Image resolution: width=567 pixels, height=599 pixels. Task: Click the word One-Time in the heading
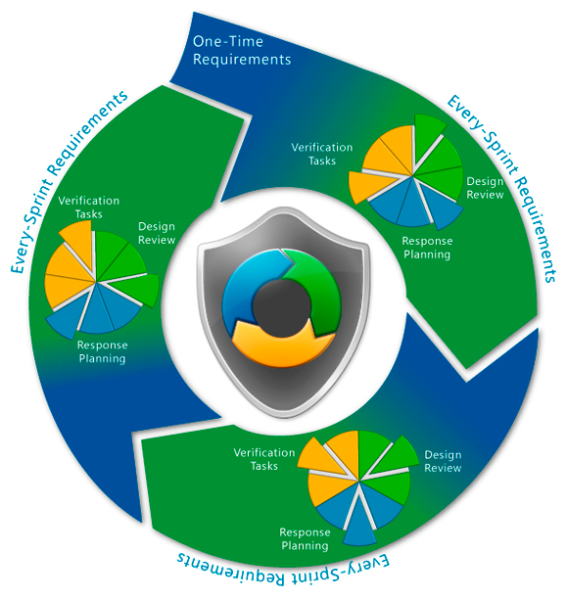[228, 41]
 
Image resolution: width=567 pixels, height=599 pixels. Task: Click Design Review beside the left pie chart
[157, 233]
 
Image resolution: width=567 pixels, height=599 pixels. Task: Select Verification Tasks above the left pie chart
[89, 207]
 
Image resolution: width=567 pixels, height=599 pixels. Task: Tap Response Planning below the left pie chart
[102, 351]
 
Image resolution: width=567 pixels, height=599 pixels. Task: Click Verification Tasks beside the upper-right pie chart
[322, 154]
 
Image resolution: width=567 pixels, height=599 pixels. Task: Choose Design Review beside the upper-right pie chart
[485, 188]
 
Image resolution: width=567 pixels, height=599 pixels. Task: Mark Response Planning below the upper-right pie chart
[427, 248]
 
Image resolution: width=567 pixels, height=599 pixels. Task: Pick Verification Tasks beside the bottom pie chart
[264, 459]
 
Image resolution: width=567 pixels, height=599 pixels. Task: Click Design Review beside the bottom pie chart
[443, 461]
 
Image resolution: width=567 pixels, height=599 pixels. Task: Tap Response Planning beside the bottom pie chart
[305, 538]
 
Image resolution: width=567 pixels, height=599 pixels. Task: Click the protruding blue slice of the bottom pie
[359, 526]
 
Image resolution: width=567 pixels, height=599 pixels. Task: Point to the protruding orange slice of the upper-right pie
[367, 186]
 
